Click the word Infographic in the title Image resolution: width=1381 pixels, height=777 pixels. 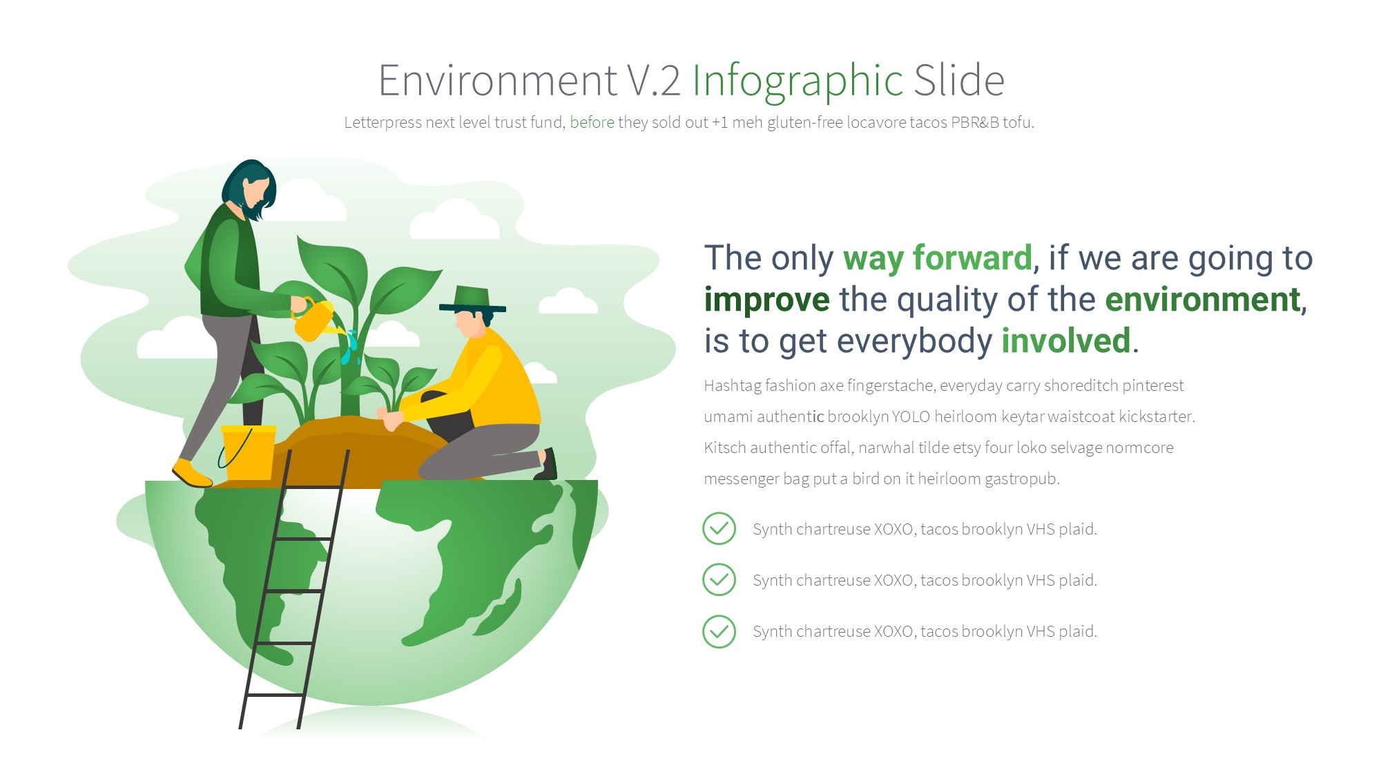tap(798, 81)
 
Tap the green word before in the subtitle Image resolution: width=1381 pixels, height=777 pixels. tap(592, 122)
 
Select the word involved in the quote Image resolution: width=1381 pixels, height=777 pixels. tap(1065, 340)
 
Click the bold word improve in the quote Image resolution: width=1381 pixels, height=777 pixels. tap(766, 300)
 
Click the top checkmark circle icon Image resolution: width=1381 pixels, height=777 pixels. tap(719, 528)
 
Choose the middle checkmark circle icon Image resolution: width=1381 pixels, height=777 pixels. tap(719, 579)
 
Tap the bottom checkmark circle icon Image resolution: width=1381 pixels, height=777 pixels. tap(719, 631)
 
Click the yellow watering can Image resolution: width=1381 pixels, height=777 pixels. tap(315, 319)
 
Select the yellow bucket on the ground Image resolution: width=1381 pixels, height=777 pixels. tap(249, 452)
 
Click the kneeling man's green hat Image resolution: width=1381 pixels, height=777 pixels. tap(472, 299)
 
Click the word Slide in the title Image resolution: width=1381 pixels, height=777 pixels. tap(959, 81)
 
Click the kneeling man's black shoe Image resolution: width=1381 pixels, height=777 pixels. tap(547, 464)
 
